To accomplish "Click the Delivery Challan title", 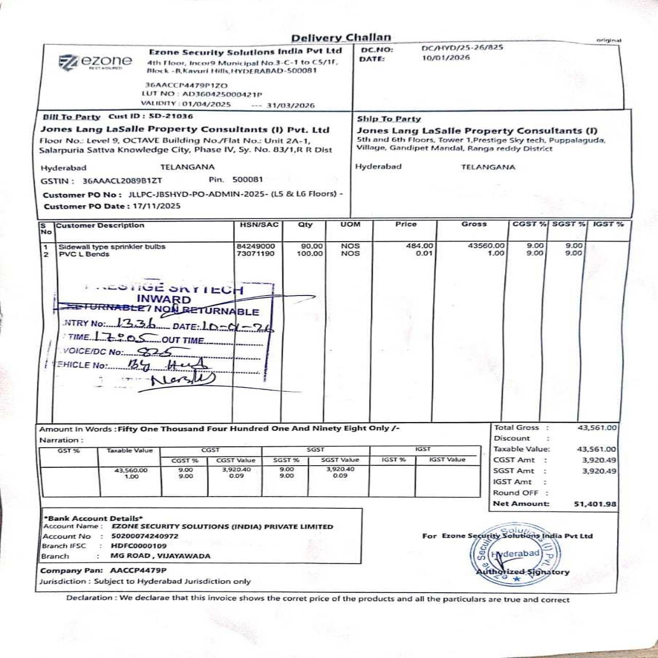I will [x=341, y=38].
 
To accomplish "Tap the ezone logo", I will [x=95, y=62].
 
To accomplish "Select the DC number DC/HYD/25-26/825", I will [x=462, y=48].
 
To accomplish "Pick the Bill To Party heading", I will [x=71, y=117].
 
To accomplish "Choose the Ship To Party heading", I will [x=389, y=119].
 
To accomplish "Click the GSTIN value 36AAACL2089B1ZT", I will [x=122, y=180].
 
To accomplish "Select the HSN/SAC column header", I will [x=259, y=225].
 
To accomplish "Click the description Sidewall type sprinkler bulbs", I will [x=112, y=247].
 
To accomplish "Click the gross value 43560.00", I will [x=486, y=246].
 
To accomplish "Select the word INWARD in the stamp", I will [x=163, y=299].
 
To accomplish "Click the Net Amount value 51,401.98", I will [x=595, y=504].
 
